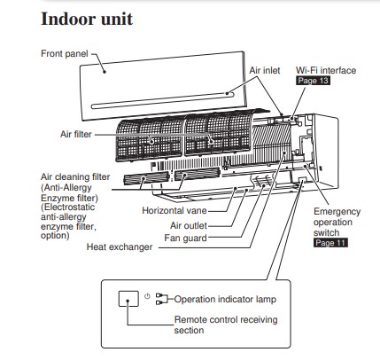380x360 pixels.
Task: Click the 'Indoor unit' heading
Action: coord(87,19)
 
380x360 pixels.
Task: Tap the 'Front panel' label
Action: coord(65,53)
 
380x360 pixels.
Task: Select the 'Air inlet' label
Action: coord(265,70)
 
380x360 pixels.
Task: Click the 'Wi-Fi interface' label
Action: coord(326,70)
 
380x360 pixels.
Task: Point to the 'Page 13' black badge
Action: coord(313,81)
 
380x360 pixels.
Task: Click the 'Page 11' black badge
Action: coord(330,243)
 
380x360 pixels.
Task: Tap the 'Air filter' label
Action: coord(76,134)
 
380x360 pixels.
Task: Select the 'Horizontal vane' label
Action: coord(174,210)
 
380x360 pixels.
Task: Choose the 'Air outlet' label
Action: coord(189,225)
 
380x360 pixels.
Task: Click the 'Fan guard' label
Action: coord(185,238)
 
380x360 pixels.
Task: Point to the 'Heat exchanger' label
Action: coord(120,247)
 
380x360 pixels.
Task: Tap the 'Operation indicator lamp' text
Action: coord(225,299)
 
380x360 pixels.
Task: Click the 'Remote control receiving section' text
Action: coord(226,325)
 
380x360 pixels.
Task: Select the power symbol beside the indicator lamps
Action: coord(147,296)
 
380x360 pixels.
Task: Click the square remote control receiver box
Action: coord(128,299)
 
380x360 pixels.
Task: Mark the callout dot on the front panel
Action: coord(105,72)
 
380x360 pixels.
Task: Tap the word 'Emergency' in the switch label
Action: coord(337,212)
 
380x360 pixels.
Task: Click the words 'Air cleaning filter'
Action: coord(75,176)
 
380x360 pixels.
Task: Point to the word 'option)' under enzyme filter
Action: coord(55,236)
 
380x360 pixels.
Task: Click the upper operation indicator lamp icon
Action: coord(159,295)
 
